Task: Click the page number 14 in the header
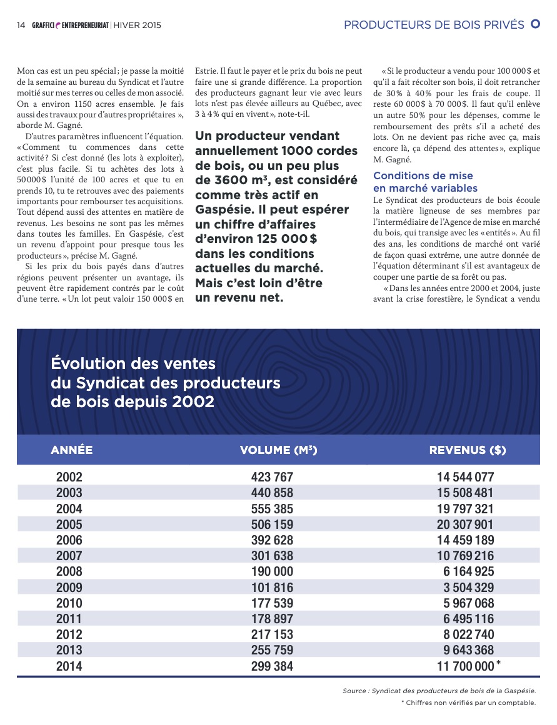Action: [21, 25]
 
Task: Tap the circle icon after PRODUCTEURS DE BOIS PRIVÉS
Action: [535, 24]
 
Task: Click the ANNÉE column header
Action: [72, 450]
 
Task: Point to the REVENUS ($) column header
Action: [467, 450]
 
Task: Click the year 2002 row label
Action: [69, 477]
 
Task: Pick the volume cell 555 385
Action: [272, 508]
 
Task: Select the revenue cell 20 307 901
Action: [465, 525]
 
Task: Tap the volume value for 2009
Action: [272, 588]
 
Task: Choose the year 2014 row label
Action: [69, 666]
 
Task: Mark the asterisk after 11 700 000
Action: [498, 663]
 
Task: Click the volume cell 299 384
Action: [272, 666]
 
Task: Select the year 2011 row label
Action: [69, 619]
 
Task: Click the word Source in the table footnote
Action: [355, 691]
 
